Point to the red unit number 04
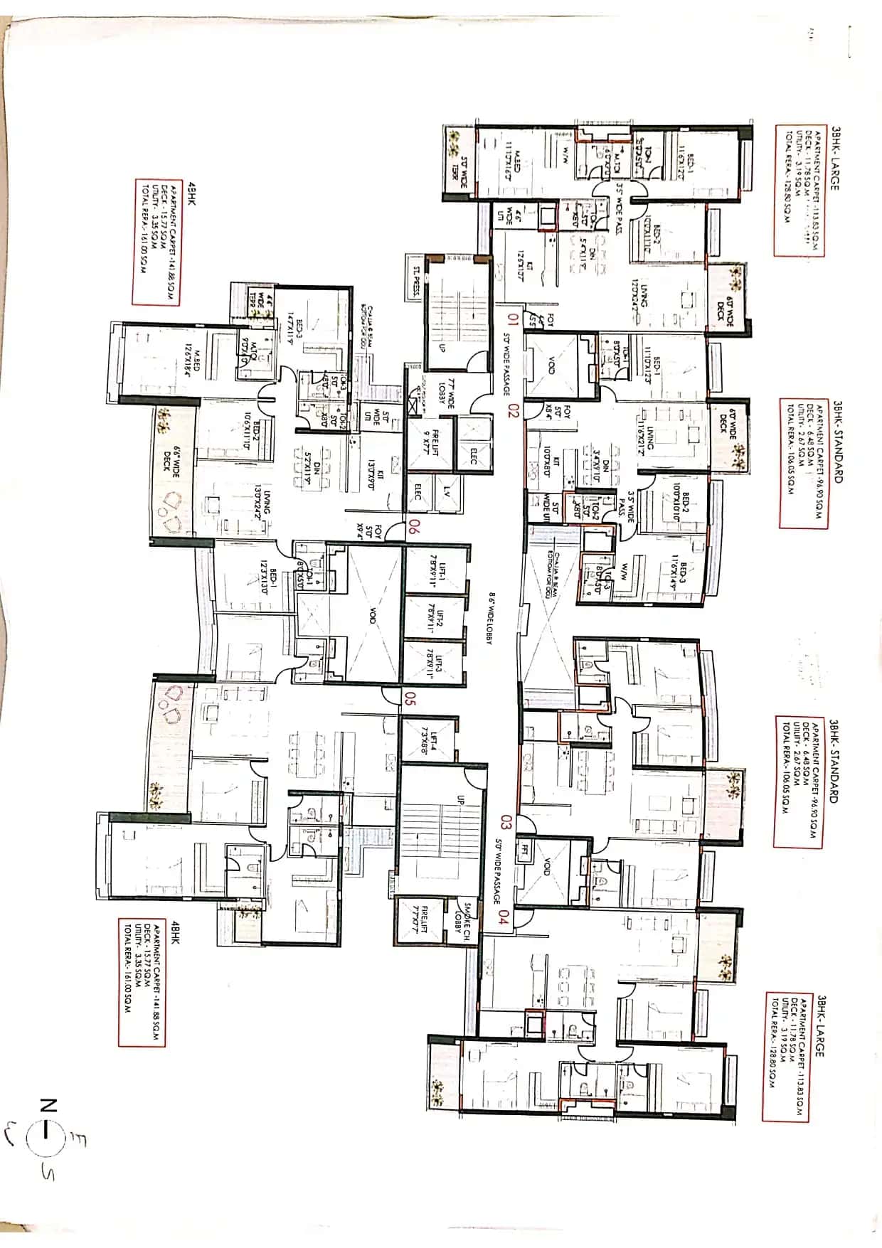point(504,917)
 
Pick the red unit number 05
point(410,698)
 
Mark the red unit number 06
point(413,528)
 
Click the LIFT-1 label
point(435,568)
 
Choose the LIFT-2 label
point(435,618)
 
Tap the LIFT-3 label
point(435,663)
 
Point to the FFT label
point(525,849)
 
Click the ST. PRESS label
point(415,282)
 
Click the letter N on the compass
point(48,1104)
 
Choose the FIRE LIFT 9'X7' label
point(430,442)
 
